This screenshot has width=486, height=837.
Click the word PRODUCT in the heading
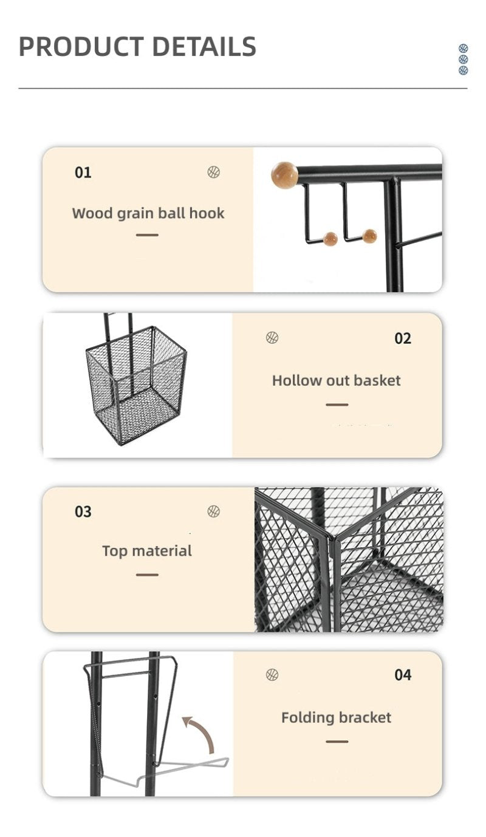(81, 47)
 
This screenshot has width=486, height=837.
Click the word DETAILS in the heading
(205, 47)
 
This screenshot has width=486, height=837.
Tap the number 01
(83, 173)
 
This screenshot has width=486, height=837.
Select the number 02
(403, 338)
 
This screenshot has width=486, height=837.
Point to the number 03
(83, 511)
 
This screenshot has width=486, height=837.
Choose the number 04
(403, 675)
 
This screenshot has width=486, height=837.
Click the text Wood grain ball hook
(148, 213)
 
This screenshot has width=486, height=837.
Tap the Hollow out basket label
(336, 380)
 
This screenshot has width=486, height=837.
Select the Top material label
(147, 551)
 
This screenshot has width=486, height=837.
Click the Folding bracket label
(336, 718)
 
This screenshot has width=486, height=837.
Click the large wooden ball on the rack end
(284, 176)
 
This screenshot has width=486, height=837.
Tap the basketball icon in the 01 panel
(213, 173)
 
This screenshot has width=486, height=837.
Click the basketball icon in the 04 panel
(272, 675)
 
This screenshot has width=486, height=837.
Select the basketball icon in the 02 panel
(272, 338)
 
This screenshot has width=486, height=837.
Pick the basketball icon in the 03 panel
(213, 511)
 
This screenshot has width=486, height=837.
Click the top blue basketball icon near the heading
(463, 48)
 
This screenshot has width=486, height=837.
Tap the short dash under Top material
(147, 575)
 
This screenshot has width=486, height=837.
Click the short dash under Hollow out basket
(337, 405)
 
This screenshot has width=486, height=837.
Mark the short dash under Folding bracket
(337, 742)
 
